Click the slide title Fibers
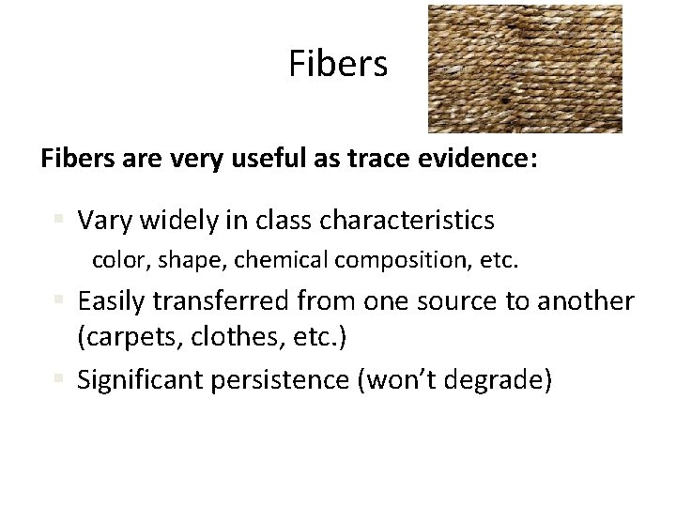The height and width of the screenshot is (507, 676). pyautogui.click(x=337, y=65)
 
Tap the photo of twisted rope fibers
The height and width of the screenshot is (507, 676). pyautogui.click(x=525, y=69)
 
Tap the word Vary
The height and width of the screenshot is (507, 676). pyautogui.click(x=104, y=221)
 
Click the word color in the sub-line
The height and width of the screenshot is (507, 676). pyautogui.click(x=115, y=259)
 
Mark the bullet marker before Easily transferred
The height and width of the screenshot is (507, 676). pyautogui.click(x=59, y=302)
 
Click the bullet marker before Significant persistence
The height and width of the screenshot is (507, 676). pyautogui.click(x=59, y=380)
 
